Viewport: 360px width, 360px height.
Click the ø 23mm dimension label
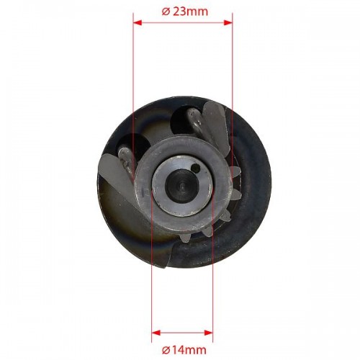coord(184,12)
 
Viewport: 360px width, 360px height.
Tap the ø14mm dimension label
coord(184,350)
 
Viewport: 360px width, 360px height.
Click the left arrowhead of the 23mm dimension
coord(138,23)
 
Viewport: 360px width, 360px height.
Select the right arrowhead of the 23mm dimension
coord(228,23)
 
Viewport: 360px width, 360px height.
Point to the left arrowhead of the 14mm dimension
coord(156,333)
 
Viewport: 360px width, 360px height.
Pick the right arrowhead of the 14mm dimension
coord(208,333)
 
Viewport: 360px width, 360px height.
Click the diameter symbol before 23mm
coord(166,12)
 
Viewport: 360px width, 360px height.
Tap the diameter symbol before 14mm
coord(166,351)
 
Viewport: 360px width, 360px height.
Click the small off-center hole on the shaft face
coord(196,168)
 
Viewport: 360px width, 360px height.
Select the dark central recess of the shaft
coord(182,185)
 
